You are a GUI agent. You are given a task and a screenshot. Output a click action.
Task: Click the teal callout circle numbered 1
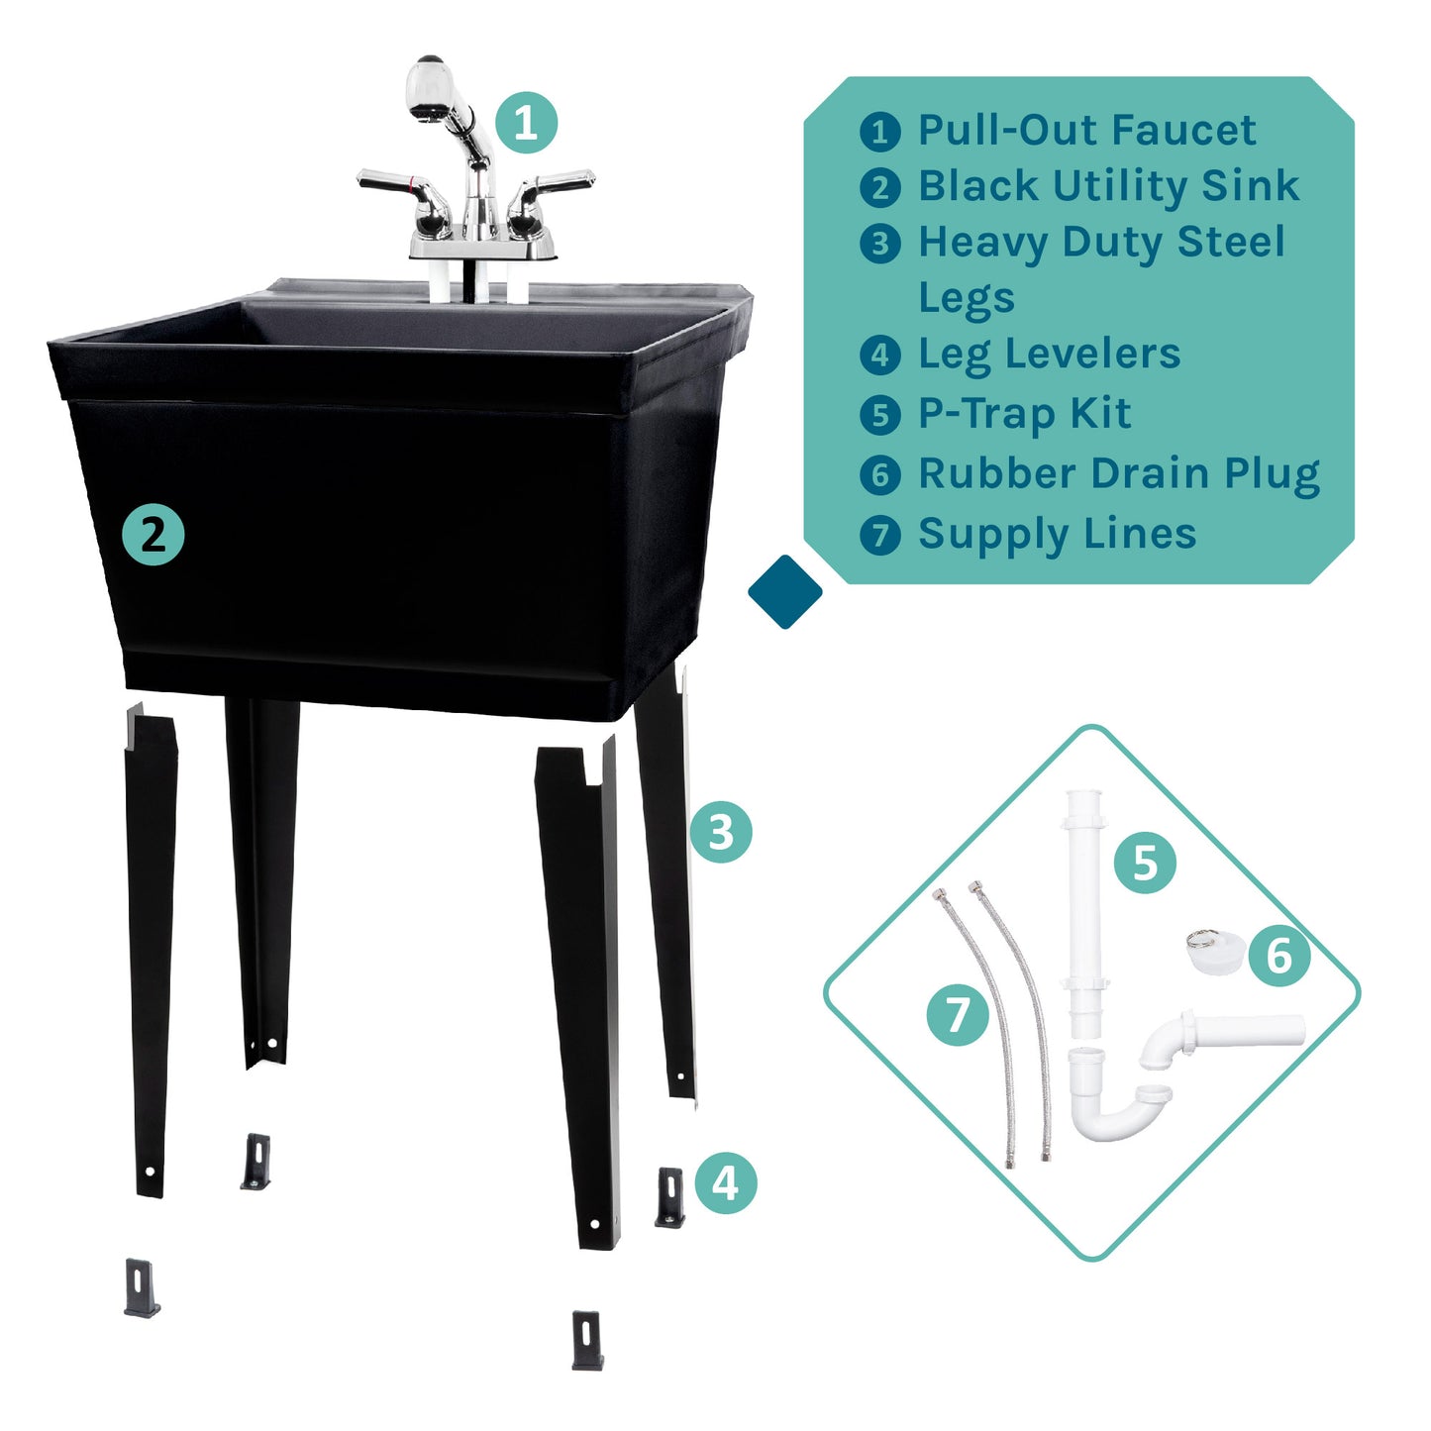coord(526,123)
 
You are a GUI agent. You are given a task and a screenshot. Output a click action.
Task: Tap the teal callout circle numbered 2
coord(153,535)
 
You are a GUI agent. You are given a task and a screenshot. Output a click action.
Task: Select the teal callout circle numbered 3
coord(721,832)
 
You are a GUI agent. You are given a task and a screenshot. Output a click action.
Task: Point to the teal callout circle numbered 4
coord(725,1182)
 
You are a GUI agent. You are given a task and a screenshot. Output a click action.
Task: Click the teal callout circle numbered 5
coord(1145,863)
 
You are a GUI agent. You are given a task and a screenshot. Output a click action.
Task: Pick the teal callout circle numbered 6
coord(1279,957)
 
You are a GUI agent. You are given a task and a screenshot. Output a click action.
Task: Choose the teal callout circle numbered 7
coord(958,1015)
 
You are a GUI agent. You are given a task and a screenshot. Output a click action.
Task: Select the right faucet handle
coord(553,185)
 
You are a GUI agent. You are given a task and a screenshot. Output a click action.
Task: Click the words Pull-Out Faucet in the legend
coord(1086,130)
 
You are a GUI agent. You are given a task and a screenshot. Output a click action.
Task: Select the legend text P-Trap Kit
coord(1024,414)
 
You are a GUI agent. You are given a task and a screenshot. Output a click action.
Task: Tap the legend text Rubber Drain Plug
coord(1119,473)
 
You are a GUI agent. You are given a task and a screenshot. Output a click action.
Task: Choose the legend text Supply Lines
coord(1057,534)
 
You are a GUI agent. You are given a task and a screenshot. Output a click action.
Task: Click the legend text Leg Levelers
coord(1049,354)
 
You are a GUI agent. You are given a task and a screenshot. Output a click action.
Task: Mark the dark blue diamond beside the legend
coord(784,591)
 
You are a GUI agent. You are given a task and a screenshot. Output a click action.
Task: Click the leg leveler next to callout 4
coord(670,1197)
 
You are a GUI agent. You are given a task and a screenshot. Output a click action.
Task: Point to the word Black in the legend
coord(977,186)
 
